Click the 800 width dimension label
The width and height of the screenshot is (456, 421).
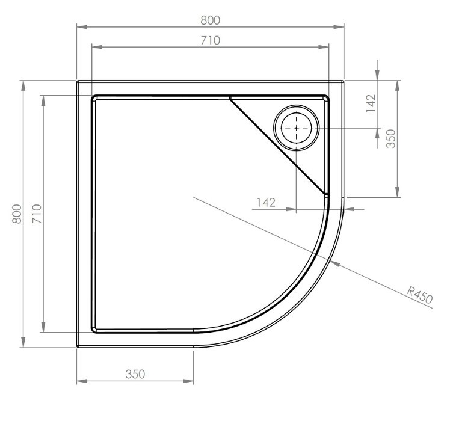pos(210,20)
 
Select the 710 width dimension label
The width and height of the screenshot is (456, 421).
pos(210,40)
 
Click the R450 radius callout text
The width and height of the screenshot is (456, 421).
pos(420,295)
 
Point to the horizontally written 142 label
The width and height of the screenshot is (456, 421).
pos(265,202)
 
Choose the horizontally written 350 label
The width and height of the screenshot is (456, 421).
pos(135,373)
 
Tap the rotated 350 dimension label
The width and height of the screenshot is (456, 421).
pos(390,139)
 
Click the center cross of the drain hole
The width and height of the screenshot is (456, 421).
pos(296,129)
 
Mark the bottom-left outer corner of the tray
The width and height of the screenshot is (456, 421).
pos(78,346)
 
